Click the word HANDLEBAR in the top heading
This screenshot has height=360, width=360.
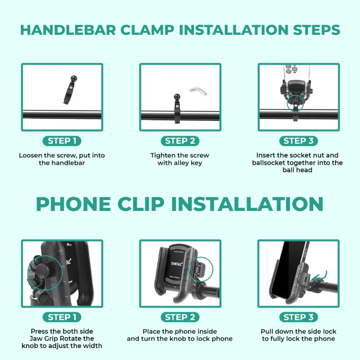tap(68, 30)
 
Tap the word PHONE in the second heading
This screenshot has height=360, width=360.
tap(73, 204)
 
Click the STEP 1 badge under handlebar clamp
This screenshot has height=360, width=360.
tap(62, 141)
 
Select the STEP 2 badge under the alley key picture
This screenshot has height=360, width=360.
tap(180, 141)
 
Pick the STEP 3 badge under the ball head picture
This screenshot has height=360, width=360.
tap(298, 141)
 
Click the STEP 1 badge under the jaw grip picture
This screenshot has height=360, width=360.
tap(62, 317)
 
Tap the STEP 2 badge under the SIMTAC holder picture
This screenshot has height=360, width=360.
tap(180, 317)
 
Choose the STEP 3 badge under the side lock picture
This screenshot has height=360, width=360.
tap(298, 317)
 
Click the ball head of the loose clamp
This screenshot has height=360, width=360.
tap(74, 78)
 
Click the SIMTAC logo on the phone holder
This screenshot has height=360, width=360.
tap(177, 264)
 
